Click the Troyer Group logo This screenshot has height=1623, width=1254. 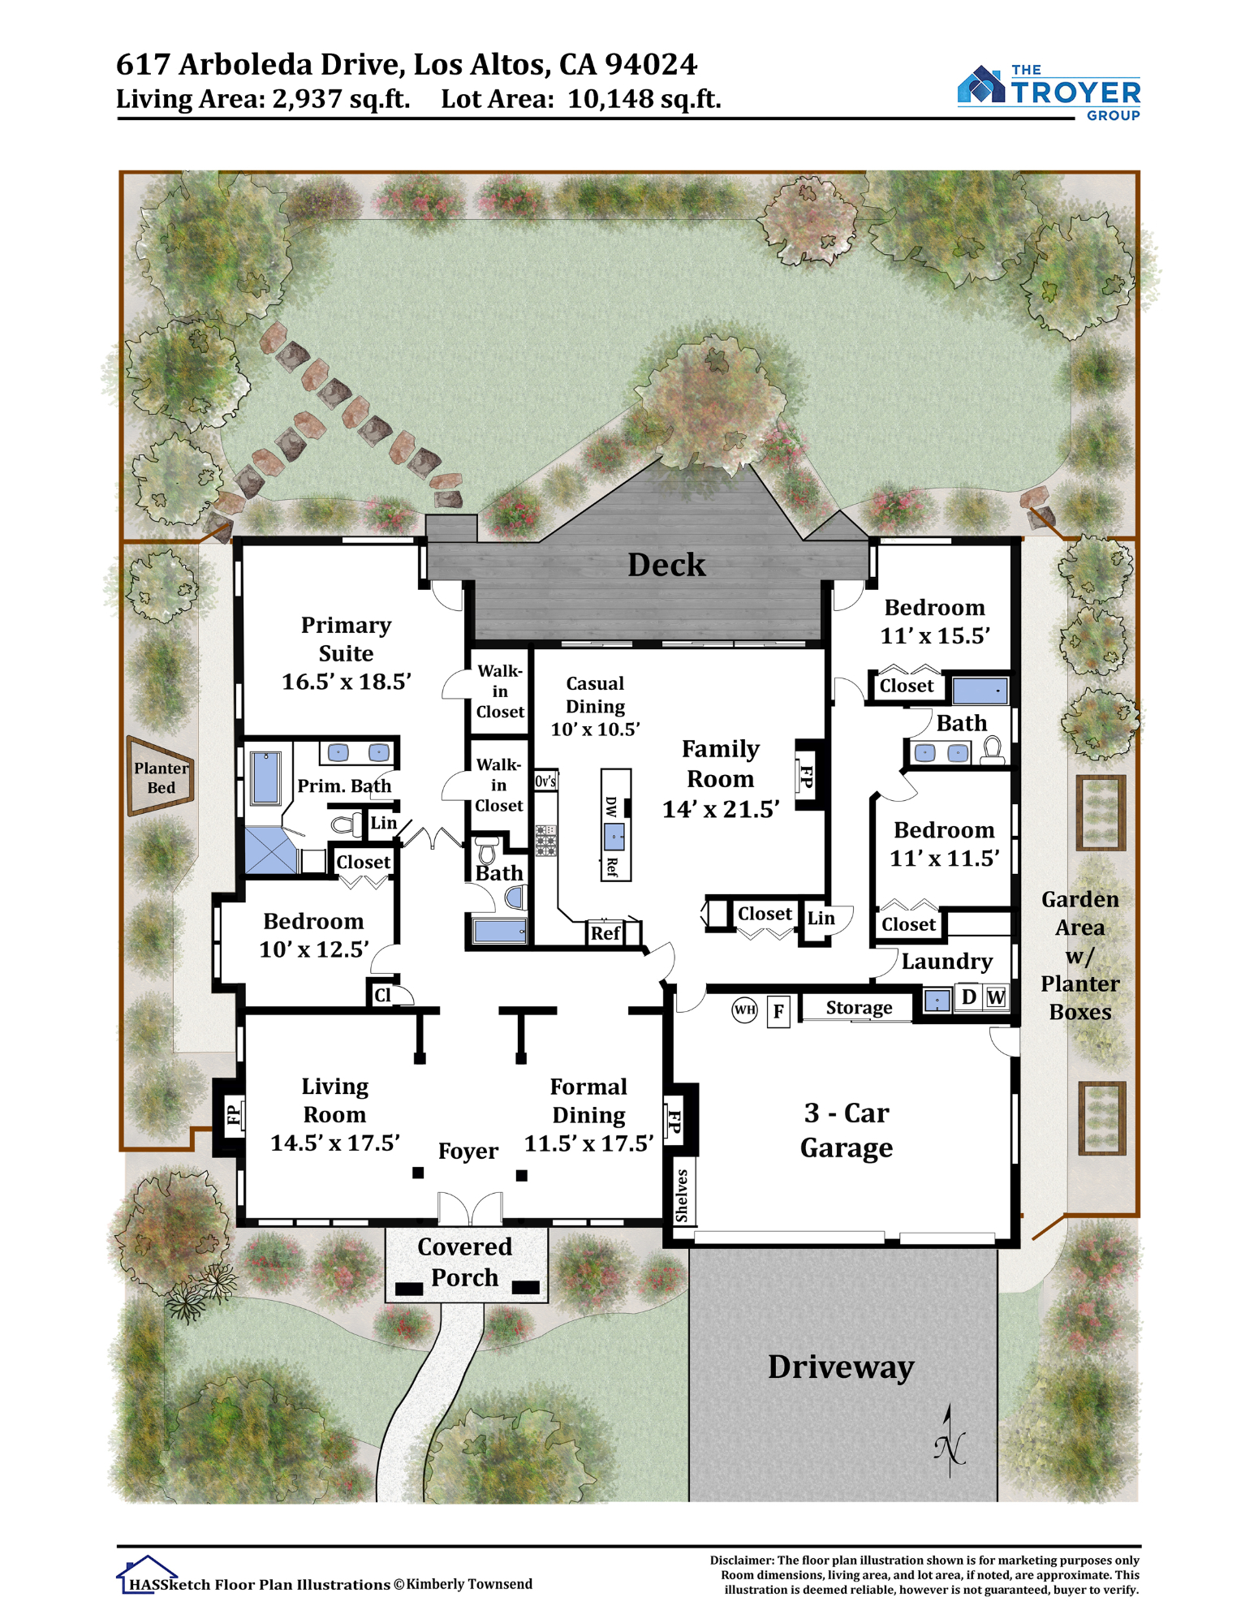click(x=1049, y=93)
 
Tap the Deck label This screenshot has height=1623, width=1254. click(x=666, y=565)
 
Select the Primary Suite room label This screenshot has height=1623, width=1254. click(x=346, y=639)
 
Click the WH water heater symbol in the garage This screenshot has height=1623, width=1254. click(x=744, y=1010)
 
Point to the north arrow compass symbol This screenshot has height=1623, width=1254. click(x=949, y=1441)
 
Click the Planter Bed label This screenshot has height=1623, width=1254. click(x=161, y=777)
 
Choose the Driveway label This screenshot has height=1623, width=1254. click(x=841, y=1367)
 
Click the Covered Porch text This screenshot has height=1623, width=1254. click(x=464, y=1262)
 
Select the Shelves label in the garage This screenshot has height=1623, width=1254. click(x=681, y=1196)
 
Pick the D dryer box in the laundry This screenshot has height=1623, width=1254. click(x=968, y=997)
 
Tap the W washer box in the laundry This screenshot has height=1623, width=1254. click(x=996, y=997)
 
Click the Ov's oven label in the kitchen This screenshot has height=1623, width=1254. click(x=545, y=781)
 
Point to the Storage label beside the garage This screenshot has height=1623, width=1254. click(x=859, y=1007)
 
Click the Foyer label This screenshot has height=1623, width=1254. click(x=468, y=1151)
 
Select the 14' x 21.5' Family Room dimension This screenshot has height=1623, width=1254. click(x=721, y=809)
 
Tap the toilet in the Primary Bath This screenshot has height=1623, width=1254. click(x=347, y=825)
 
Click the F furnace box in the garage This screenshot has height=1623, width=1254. click(x=778, y=1011)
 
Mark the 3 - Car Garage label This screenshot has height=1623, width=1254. click(x=846, y=1130)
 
